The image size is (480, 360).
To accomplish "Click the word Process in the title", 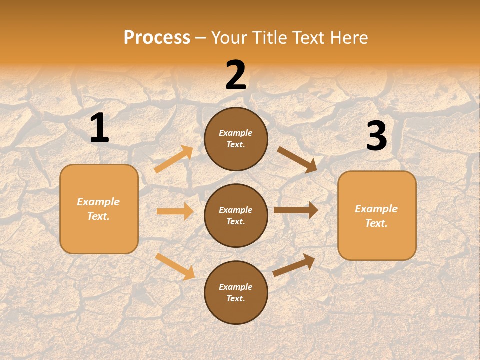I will (157, 38).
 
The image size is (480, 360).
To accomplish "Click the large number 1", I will (99, 128).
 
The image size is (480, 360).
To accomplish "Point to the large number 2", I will (236, 75).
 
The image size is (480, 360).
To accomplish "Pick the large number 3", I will (376, 136).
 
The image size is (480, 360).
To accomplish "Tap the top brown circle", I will (236, 139).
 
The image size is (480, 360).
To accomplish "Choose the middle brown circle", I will (236, 216).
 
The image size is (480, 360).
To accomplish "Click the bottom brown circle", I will (236, 293).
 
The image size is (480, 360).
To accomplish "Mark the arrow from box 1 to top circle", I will (174, 159).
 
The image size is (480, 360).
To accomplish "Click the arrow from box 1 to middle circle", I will (175, 211).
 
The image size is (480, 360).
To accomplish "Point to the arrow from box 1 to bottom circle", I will (175, 266).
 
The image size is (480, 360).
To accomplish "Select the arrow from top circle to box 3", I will (297, 159).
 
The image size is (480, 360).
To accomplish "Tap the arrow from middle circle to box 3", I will (296, 210).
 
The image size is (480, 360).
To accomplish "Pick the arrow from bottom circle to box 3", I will (294, 265).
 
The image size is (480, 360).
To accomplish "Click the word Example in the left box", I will (98, 202).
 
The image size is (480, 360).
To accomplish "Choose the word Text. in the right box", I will (376, 223).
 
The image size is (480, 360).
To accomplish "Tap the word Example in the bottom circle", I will (235, 287).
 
